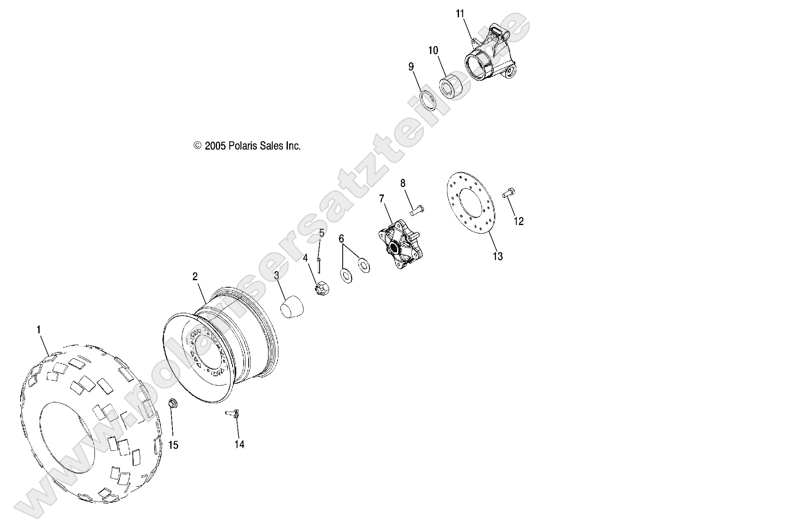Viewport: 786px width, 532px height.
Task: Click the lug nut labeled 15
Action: pos(173,403)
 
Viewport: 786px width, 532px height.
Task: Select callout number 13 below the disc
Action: pos(498,256)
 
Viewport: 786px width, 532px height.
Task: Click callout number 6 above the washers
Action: pos(341,239)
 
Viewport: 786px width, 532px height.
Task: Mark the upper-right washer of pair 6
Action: pos(363,265)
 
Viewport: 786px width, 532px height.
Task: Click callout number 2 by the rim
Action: pos(195,277)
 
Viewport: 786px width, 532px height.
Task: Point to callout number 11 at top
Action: pos(460,14)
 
